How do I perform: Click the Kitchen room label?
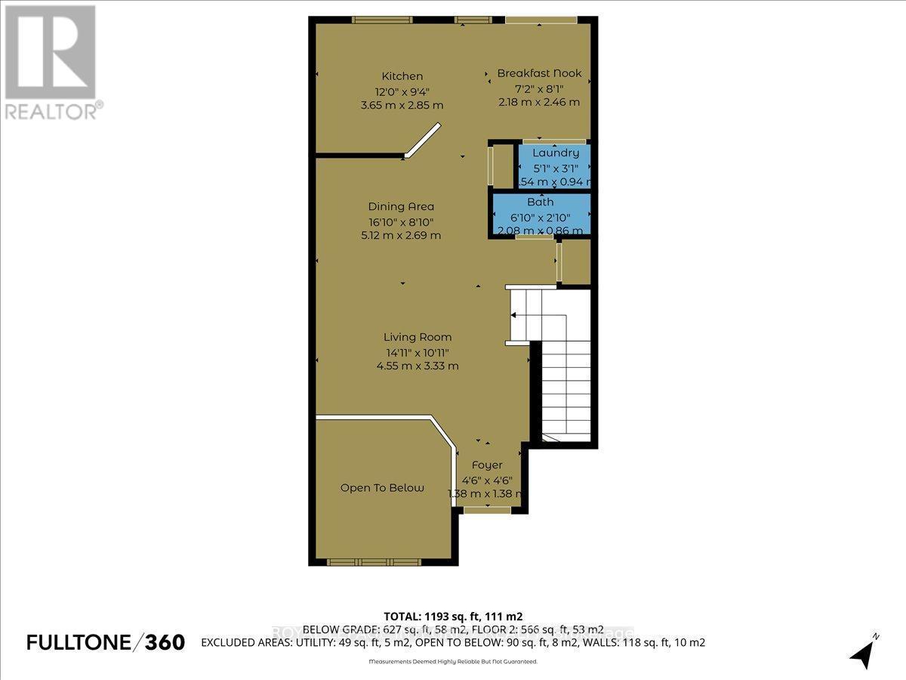tap(402, 76)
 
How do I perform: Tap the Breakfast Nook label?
tap(539, 73)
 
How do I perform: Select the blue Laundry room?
tap(555, 166)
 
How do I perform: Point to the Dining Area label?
tap(401, 206)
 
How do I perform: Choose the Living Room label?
tap(418, 337)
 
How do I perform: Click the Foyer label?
tap(487, 465)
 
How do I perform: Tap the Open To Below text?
tap(382, 488)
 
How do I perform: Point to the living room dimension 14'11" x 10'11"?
tap(418, 351)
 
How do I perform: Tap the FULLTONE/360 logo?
tap(106, 642)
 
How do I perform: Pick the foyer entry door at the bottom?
tap(486, 511)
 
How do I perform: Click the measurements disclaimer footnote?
tap(453, 662)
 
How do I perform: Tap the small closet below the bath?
tap(575, 261)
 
